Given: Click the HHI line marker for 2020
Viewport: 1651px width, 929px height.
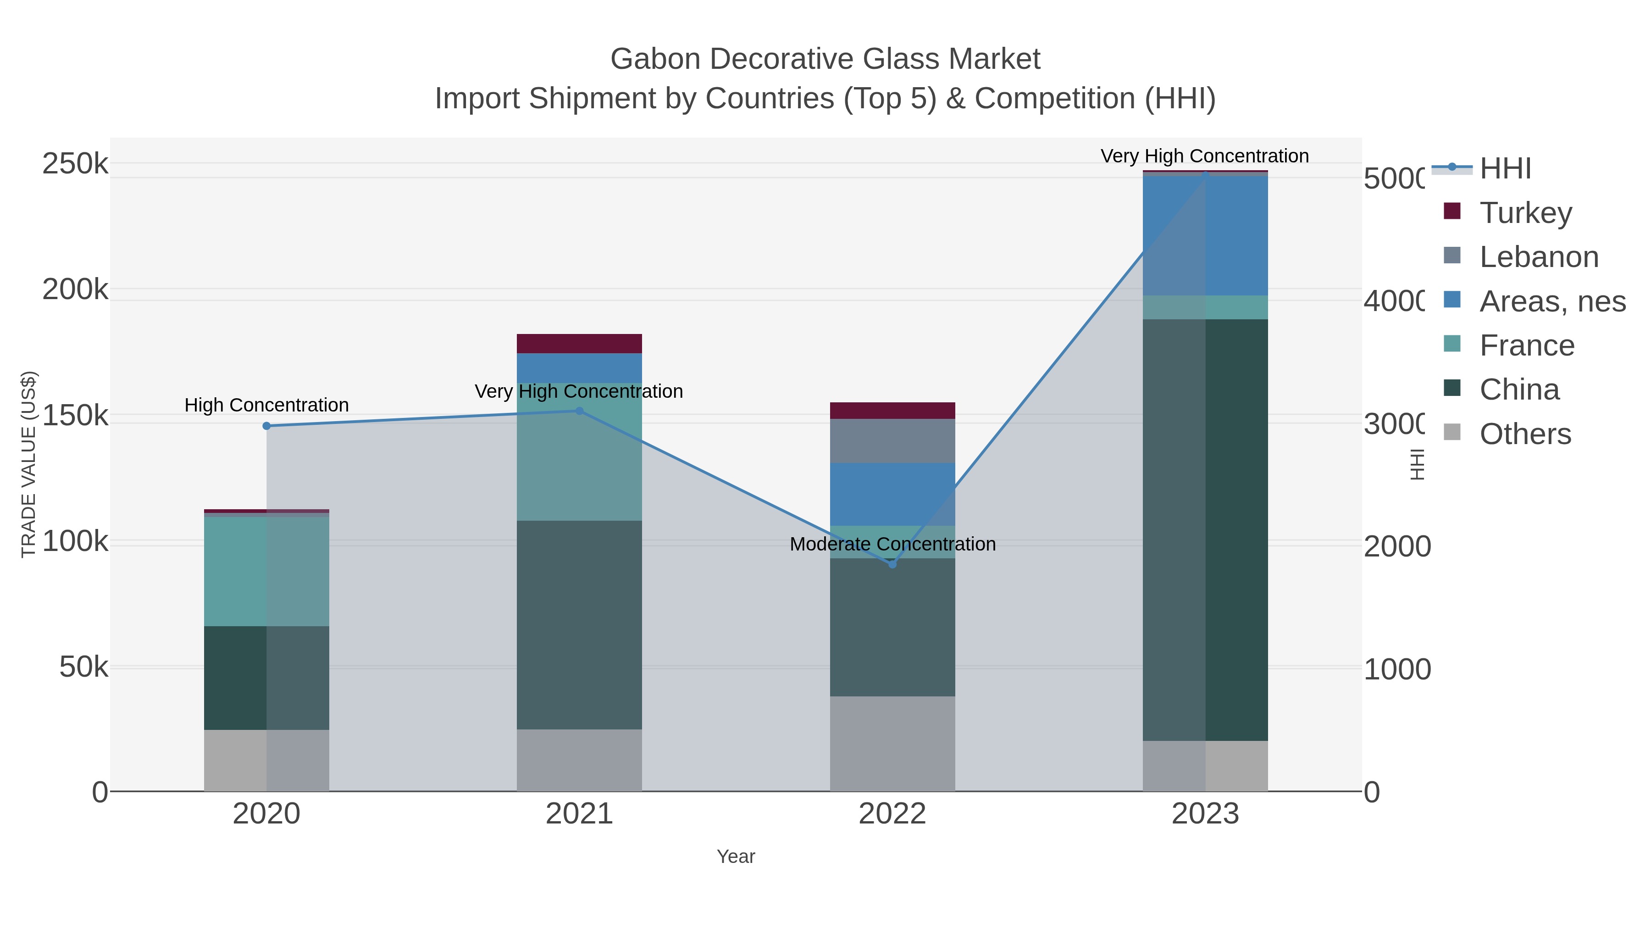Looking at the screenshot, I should [266, 426].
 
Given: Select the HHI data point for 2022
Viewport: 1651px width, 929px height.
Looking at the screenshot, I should [892, 564].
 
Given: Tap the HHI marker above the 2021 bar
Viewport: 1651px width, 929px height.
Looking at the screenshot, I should [579, 411].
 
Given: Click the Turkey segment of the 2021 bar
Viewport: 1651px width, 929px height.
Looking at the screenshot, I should [579, 344].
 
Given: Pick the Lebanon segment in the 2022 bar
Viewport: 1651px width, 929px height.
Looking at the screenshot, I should [892, 441].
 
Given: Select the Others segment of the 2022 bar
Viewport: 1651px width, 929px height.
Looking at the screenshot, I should [892, 744].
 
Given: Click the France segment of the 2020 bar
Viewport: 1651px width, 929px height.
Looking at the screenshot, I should [266, 571].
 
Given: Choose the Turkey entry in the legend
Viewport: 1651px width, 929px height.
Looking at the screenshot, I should [1525, 212].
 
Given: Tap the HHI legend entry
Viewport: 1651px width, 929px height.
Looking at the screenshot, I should [1505, 169].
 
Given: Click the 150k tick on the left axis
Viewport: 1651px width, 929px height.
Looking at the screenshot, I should [75, 416].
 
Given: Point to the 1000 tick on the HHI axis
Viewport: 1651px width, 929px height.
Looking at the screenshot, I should [1396, 669].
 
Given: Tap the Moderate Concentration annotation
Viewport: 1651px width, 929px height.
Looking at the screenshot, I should [892, 544].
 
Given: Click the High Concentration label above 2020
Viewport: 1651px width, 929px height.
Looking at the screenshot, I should [266, 405].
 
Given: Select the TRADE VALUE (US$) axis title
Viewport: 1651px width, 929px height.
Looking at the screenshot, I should [29, 464].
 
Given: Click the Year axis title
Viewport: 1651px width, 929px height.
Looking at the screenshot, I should [736, 857].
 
